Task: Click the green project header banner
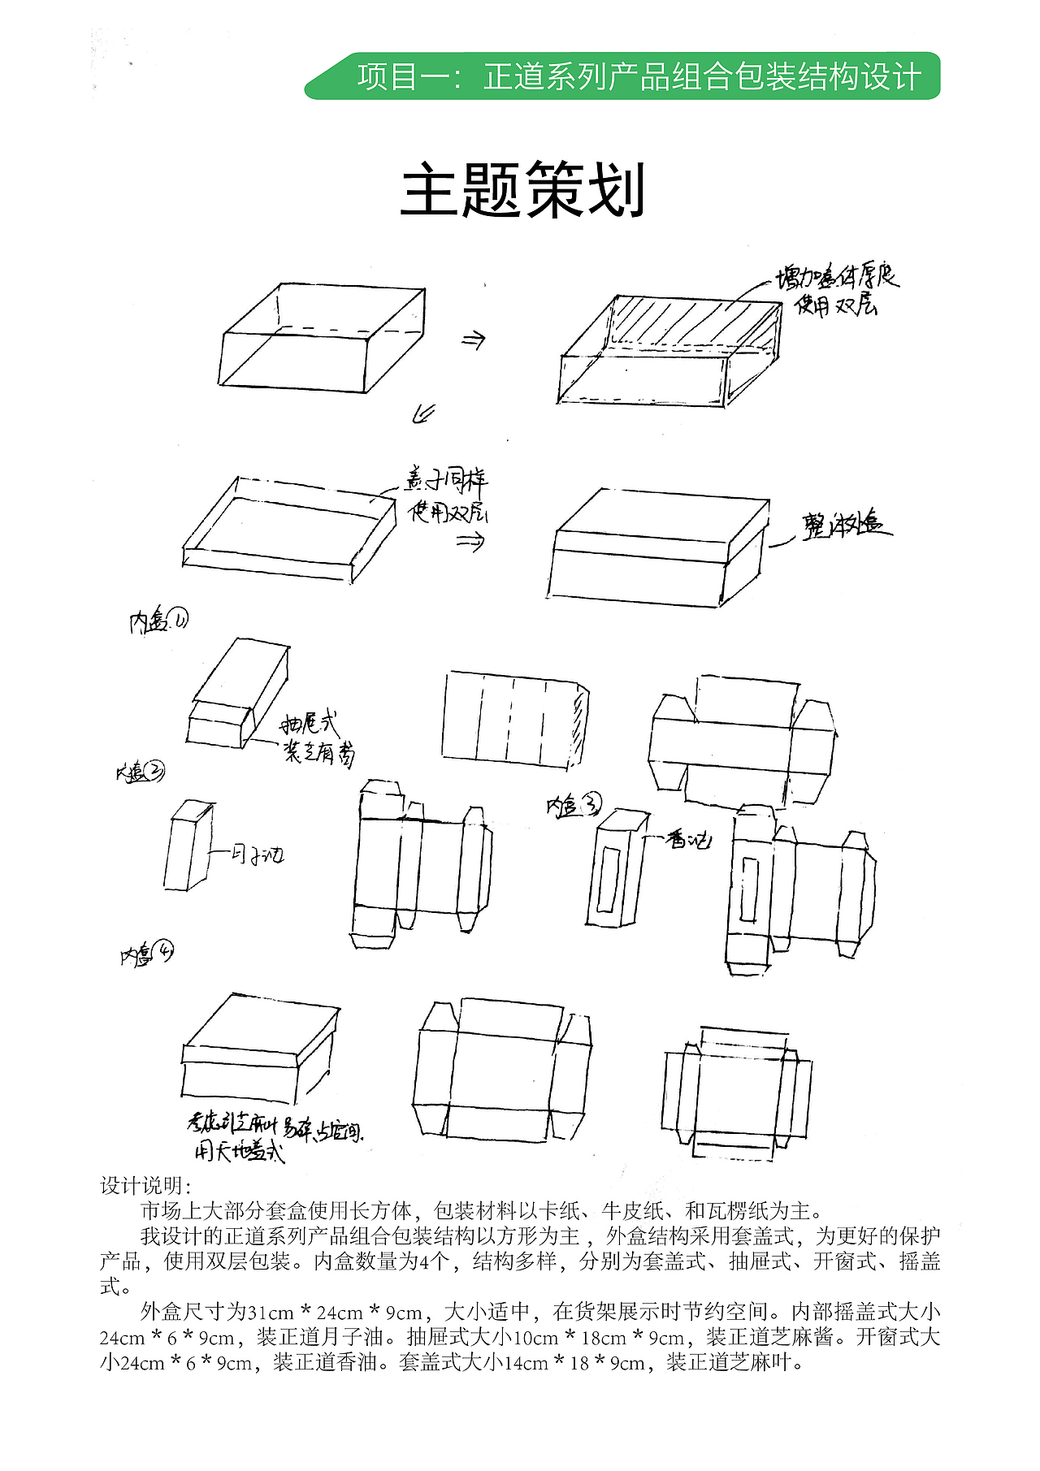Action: click(x=622, y=76)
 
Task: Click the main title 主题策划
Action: click(x=522, y=190)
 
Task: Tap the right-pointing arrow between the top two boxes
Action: click(x=473, y=340)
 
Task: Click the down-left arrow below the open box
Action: click(x=423, y=413)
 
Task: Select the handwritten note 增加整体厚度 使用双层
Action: click(x=837, y=290)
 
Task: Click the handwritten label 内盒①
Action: click(x=158, y=621)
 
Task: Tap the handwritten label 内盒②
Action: click(x=140, y=772)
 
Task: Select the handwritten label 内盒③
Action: click(x=574, y=806)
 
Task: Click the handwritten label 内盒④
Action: click(x=147, y=954)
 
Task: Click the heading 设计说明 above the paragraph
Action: click(x=145, y=1185)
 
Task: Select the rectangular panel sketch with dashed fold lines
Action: click(x=513, y=720)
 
